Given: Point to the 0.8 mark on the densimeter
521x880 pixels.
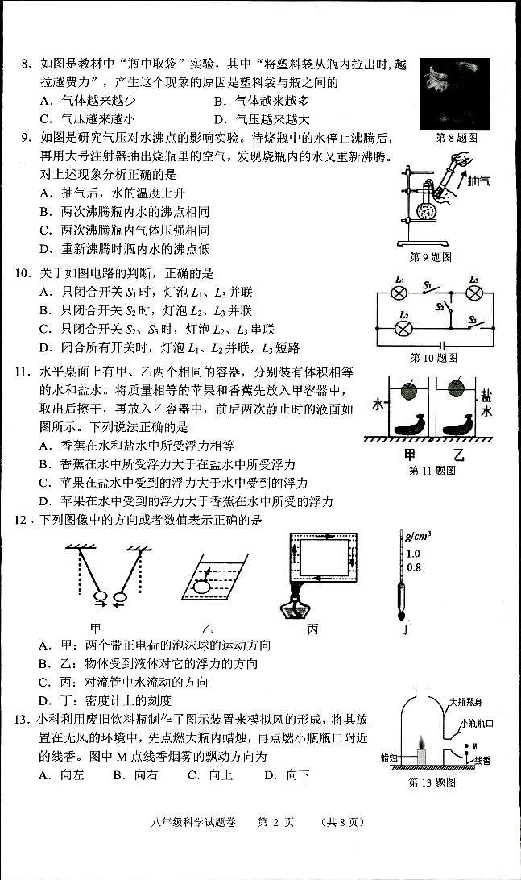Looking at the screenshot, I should tap(413, 567).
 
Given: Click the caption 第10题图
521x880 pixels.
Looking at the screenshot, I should tap(432, 357).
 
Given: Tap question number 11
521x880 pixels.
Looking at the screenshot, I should tap(22, 372).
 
